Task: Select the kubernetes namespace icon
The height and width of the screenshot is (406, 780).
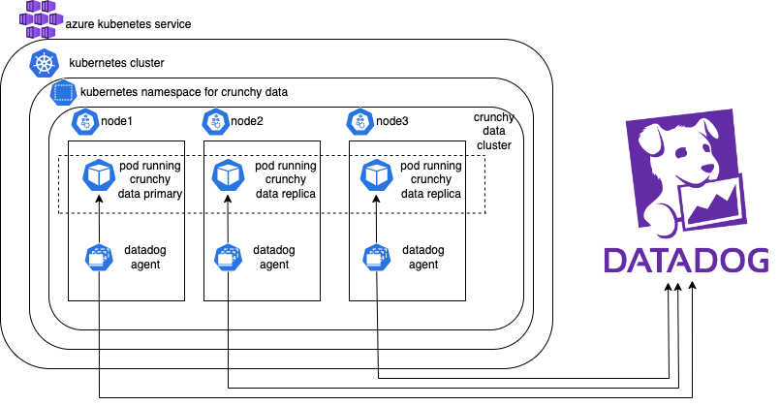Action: click(63, 93)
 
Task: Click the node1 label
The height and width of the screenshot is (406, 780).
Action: click(115, 121)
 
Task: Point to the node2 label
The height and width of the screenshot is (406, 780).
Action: click(247, 121)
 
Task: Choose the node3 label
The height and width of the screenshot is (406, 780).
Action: click(392, 121)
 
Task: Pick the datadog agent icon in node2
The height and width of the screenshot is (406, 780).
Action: click(227, 257)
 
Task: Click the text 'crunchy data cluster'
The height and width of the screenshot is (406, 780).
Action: click(492, 131)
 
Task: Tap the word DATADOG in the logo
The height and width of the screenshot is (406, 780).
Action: click(686, 262)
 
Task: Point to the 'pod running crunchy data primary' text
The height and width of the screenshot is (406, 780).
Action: click(151, 180)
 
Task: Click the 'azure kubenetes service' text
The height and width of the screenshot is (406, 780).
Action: click(142, 22)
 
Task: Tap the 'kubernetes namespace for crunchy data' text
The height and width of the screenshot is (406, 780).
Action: click(183, 93)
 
